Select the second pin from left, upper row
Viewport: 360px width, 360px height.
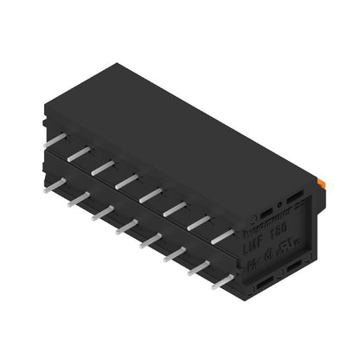click(x=78, y=152)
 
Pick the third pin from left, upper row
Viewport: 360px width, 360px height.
click(x=102, y=166)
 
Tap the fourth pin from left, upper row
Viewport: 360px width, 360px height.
click(x=126, y=180)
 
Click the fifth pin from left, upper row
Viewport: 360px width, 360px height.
click(x=151, y=194)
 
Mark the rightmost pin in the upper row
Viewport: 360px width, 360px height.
click(x=222, y=235)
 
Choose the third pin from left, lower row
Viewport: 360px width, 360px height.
click(x=102, y=212)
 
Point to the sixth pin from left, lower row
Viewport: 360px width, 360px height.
click(x=175, y=254)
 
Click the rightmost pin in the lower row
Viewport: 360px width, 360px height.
click(x=222, y=280)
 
